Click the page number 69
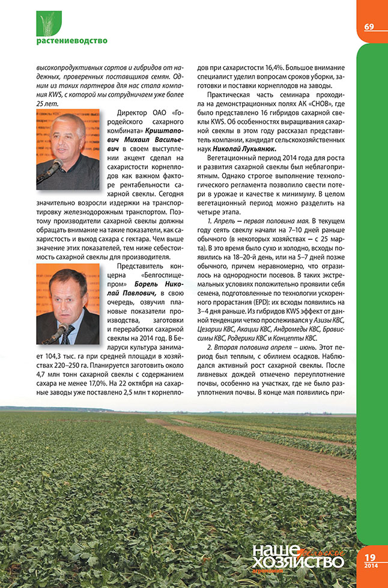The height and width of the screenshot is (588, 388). tap(369, 26)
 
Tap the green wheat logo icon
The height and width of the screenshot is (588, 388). tap(49, 23)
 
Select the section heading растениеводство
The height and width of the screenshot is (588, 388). tap(71, 41)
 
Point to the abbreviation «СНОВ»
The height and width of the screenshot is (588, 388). tap(301, 107)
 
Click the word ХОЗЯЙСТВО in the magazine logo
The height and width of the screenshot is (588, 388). tap(297, 560)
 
